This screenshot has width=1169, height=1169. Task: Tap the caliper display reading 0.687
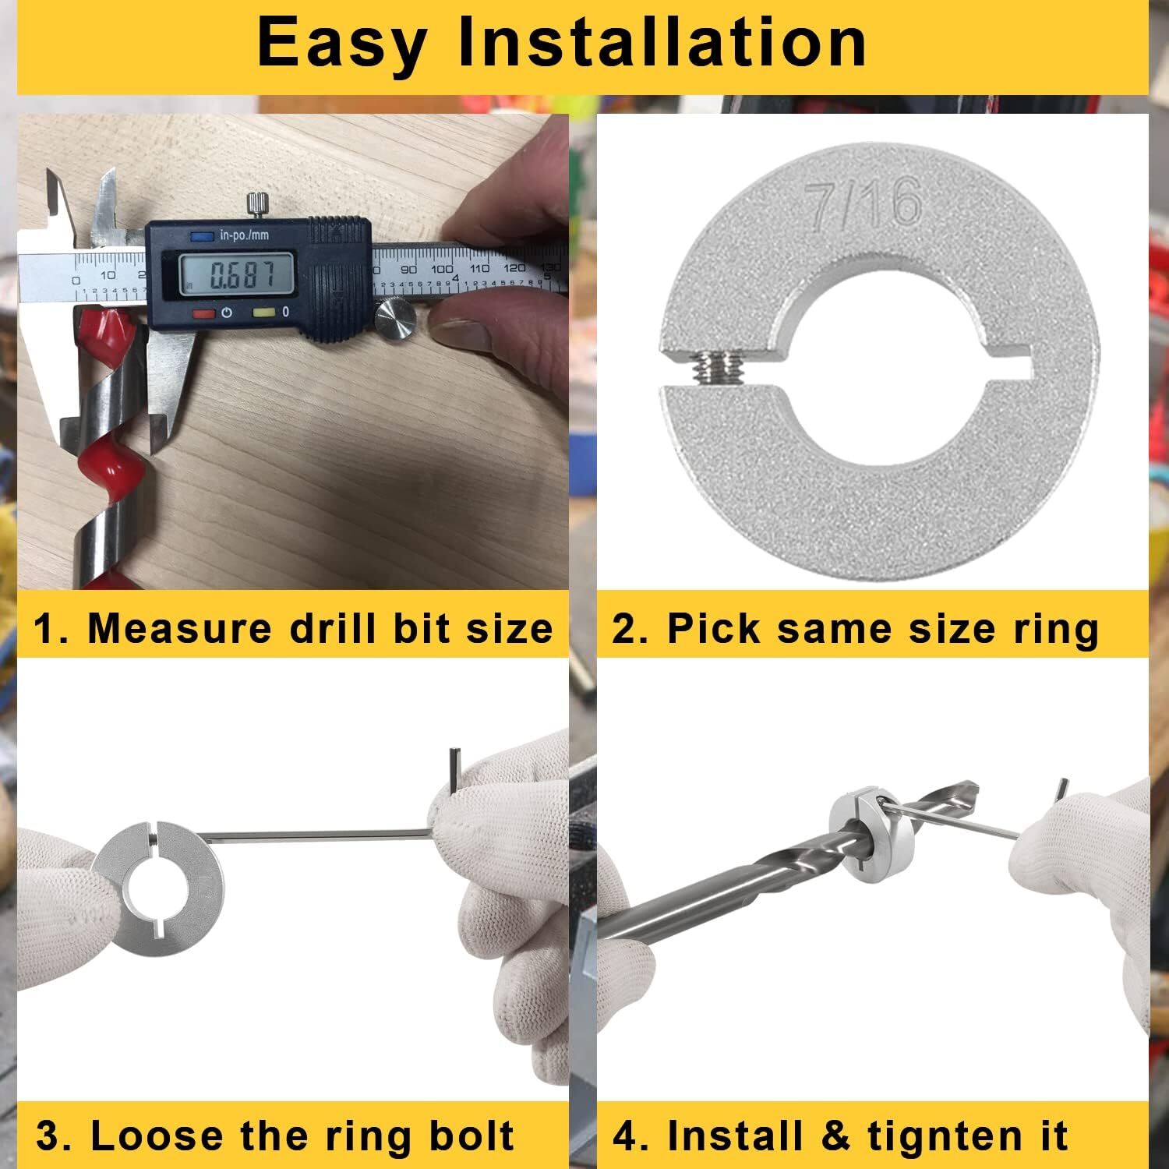pyautogui.click(x=236, y=274)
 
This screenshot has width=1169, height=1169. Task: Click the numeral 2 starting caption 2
pyautogui.click(x=623, y=628)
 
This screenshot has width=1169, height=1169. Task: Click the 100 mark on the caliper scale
pyautogui.click(x=442, y=269)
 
